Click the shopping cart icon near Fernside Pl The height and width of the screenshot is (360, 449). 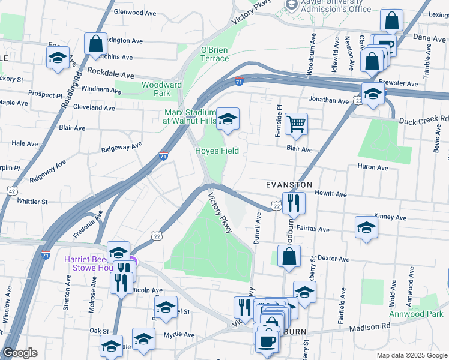(x=296, y=124)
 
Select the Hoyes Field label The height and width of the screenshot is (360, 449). (x=217, y=151)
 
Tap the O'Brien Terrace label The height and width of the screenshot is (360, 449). (x=215, y=54)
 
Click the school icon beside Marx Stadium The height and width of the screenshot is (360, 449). (x=228, y=119)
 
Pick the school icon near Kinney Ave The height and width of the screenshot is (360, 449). (x=366, y=227)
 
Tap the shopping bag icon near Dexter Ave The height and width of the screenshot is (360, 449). (x=289, y=255)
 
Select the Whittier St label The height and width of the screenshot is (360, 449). (x=32, y=202)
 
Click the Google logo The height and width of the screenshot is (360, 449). (x=20, y=353)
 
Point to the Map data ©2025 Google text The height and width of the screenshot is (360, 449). (x=411, y=355)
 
